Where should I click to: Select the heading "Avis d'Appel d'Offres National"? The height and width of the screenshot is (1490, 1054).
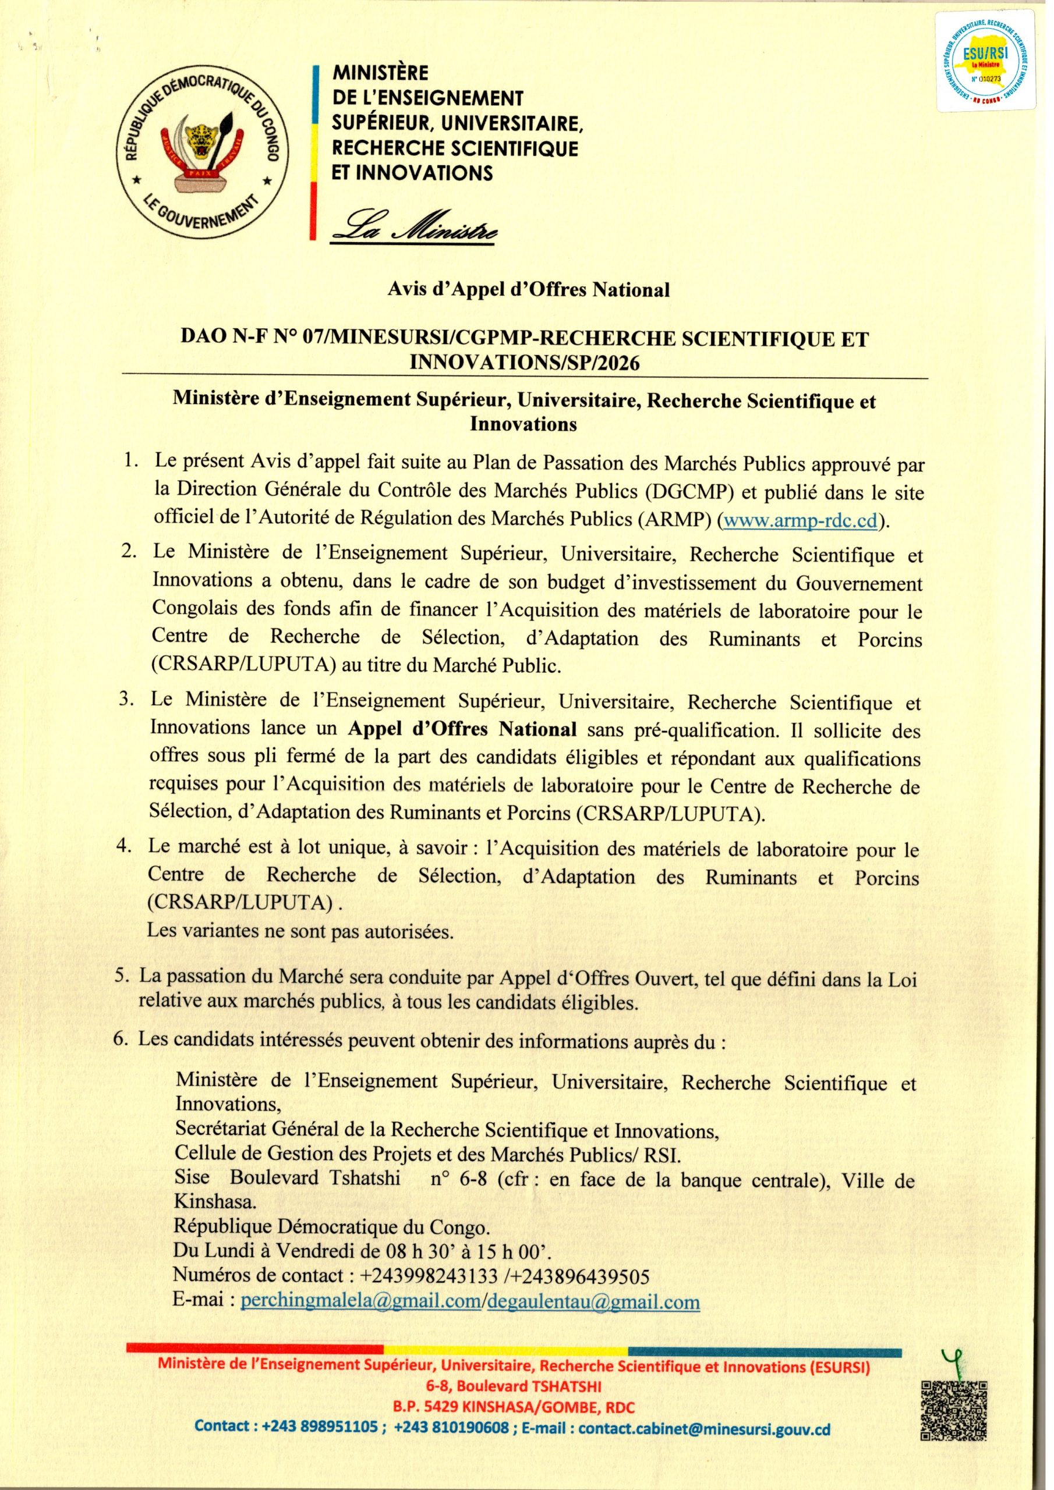[x=528, y=289]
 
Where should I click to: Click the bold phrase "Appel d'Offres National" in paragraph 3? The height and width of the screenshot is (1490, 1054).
[x=462, y=729]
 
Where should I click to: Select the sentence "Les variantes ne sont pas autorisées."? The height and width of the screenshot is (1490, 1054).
[x=299, y=931]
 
